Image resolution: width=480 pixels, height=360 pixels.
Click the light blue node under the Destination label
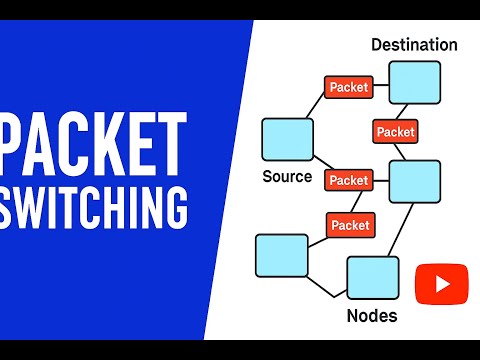(415, 82)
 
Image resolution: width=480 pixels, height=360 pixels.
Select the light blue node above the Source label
(288, 139)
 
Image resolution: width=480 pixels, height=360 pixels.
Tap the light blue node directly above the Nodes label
(373, 278)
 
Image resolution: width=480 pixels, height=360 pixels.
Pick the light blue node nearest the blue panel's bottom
(282, 256)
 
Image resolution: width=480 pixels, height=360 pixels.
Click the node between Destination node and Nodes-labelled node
(415, 182)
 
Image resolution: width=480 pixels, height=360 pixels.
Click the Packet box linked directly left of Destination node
(349, 87)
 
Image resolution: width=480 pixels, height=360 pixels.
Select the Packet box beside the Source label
(349, 180)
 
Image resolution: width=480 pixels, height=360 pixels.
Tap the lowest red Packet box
(351, 225)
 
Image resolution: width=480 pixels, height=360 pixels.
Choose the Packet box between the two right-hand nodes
(395, 132)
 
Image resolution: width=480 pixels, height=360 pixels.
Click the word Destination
(414, 45)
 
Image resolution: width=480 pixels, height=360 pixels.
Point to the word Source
(287, 176)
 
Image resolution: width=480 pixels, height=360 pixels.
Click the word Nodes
(372, 315)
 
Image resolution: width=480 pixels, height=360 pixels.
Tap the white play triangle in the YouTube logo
(443, 284)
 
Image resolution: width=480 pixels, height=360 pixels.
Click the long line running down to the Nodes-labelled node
(400, 230)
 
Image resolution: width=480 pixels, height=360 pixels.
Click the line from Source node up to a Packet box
(316, 105)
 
